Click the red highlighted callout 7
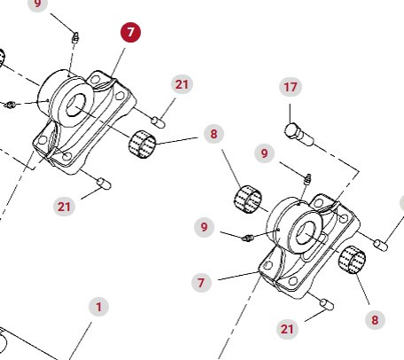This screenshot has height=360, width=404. click(x=130, y=32)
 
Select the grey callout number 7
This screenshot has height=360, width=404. click(x=201, y=283)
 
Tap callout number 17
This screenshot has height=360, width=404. click(x=291, y=87)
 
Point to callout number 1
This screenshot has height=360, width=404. click(x=98, y=307)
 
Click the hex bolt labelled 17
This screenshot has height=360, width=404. click(x=299, y=135)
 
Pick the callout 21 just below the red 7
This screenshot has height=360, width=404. click(x=182, y=84)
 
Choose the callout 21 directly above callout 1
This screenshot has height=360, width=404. click(x=64, y=207)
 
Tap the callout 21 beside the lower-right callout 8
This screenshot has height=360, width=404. click(x=287, y=329)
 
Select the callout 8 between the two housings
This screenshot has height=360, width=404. click(x=214, y=134)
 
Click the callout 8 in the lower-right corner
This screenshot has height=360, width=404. click(x=375, y=319)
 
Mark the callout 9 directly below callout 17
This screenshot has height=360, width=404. click(x=264, y=153)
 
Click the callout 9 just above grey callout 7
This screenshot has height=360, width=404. click(x=204, y=227)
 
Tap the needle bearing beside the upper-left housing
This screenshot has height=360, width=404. click(x=142, y=145)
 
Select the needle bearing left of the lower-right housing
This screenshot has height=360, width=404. click(x=248, y=200)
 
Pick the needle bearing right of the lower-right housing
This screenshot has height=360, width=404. click(x=352, y=260)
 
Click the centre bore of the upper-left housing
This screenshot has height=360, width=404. click(x=75, y=106)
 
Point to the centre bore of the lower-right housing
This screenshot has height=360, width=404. click(x=306, y=233)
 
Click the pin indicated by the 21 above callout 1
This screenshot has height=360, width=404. click(x=104, y=184)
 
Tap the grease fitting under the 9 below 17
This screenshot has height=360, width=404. click(x=308, y=179)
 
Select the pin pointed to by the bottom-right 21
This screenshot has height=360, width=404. click(x=327, y=304)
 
